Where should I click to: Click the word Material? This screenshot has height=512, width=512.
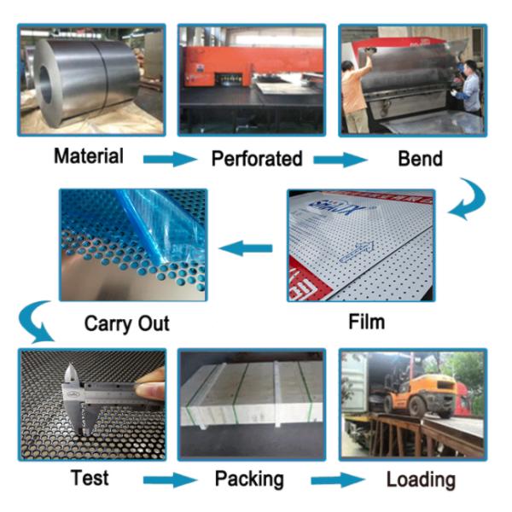coord(89,156)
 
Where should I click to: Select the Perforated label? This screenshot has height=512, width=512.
coord(257,159)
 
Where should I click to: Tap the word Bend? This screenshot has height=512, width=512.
coord(420,159)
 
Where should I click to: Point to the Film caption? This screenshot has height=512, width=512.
coord(367,322)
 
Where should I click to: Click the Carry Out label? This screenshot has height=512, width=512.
coord(126,323)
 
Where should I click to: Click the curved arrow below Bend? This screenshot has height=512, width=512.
coord(467,201)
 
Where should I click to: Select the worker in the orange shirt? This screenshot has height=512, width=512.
coord(355,94)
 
